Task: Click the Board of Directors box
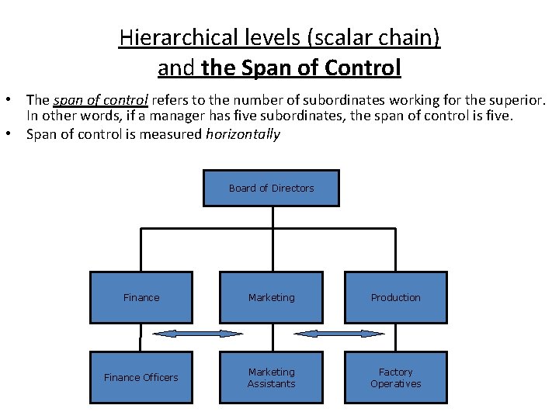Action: point(271,188)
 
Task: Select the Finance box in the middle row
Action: point(141,297)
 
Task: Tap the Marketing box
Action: point(271,297)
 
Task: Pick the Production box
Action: point(395,297)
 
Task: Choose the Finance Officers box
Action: point(141,377)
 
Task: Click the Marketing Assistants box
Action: point(271,377)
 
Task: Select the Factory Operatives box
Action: point(395,377)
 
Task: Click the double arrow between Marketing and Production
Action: point(339,334)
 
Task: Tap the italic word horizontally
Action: point(242,134)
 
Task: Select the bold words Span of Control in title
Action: point(301,68)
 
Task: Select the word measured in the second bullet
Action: point(177,134)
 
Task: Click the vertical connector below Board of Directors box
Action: point(271,217)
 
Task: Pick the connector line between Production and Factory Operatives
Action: point(396,337)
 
